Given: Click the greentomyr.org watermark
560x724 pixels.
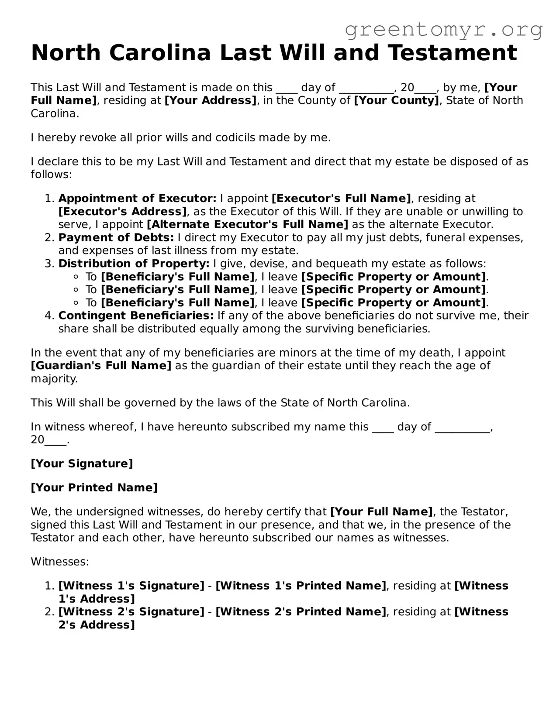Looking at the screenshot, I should point(443,30).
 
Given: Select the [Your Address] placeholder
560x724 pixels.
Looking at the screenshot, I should point(211,100).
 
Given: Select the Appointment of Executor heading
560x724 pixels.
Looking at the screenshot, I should point(137,199).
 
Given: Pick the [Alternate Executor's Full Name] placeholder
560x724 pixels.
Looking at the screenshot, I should point(247,225).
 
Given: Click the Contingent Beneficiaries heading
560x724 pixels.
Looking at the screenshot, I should point(136,316).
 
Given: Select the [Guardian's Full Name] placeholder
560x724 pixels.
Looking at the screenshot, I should point(101,366).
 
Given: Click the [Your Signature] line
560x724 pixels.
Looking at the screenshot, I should point(82,463).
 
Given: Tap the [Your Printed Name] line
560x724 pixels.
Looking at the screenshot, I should point(94,487).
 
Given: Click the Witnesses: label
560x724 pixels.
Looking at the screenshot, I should point(60,562).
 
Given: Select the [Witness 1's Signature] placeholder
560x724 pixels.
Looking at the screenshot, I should point(131,586).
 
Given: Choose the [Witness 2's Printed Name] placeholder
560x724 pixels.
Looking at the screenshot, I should point(301,612).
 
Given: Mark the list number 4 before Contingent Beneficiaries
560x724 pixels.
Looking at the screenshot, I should point(49,316).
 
